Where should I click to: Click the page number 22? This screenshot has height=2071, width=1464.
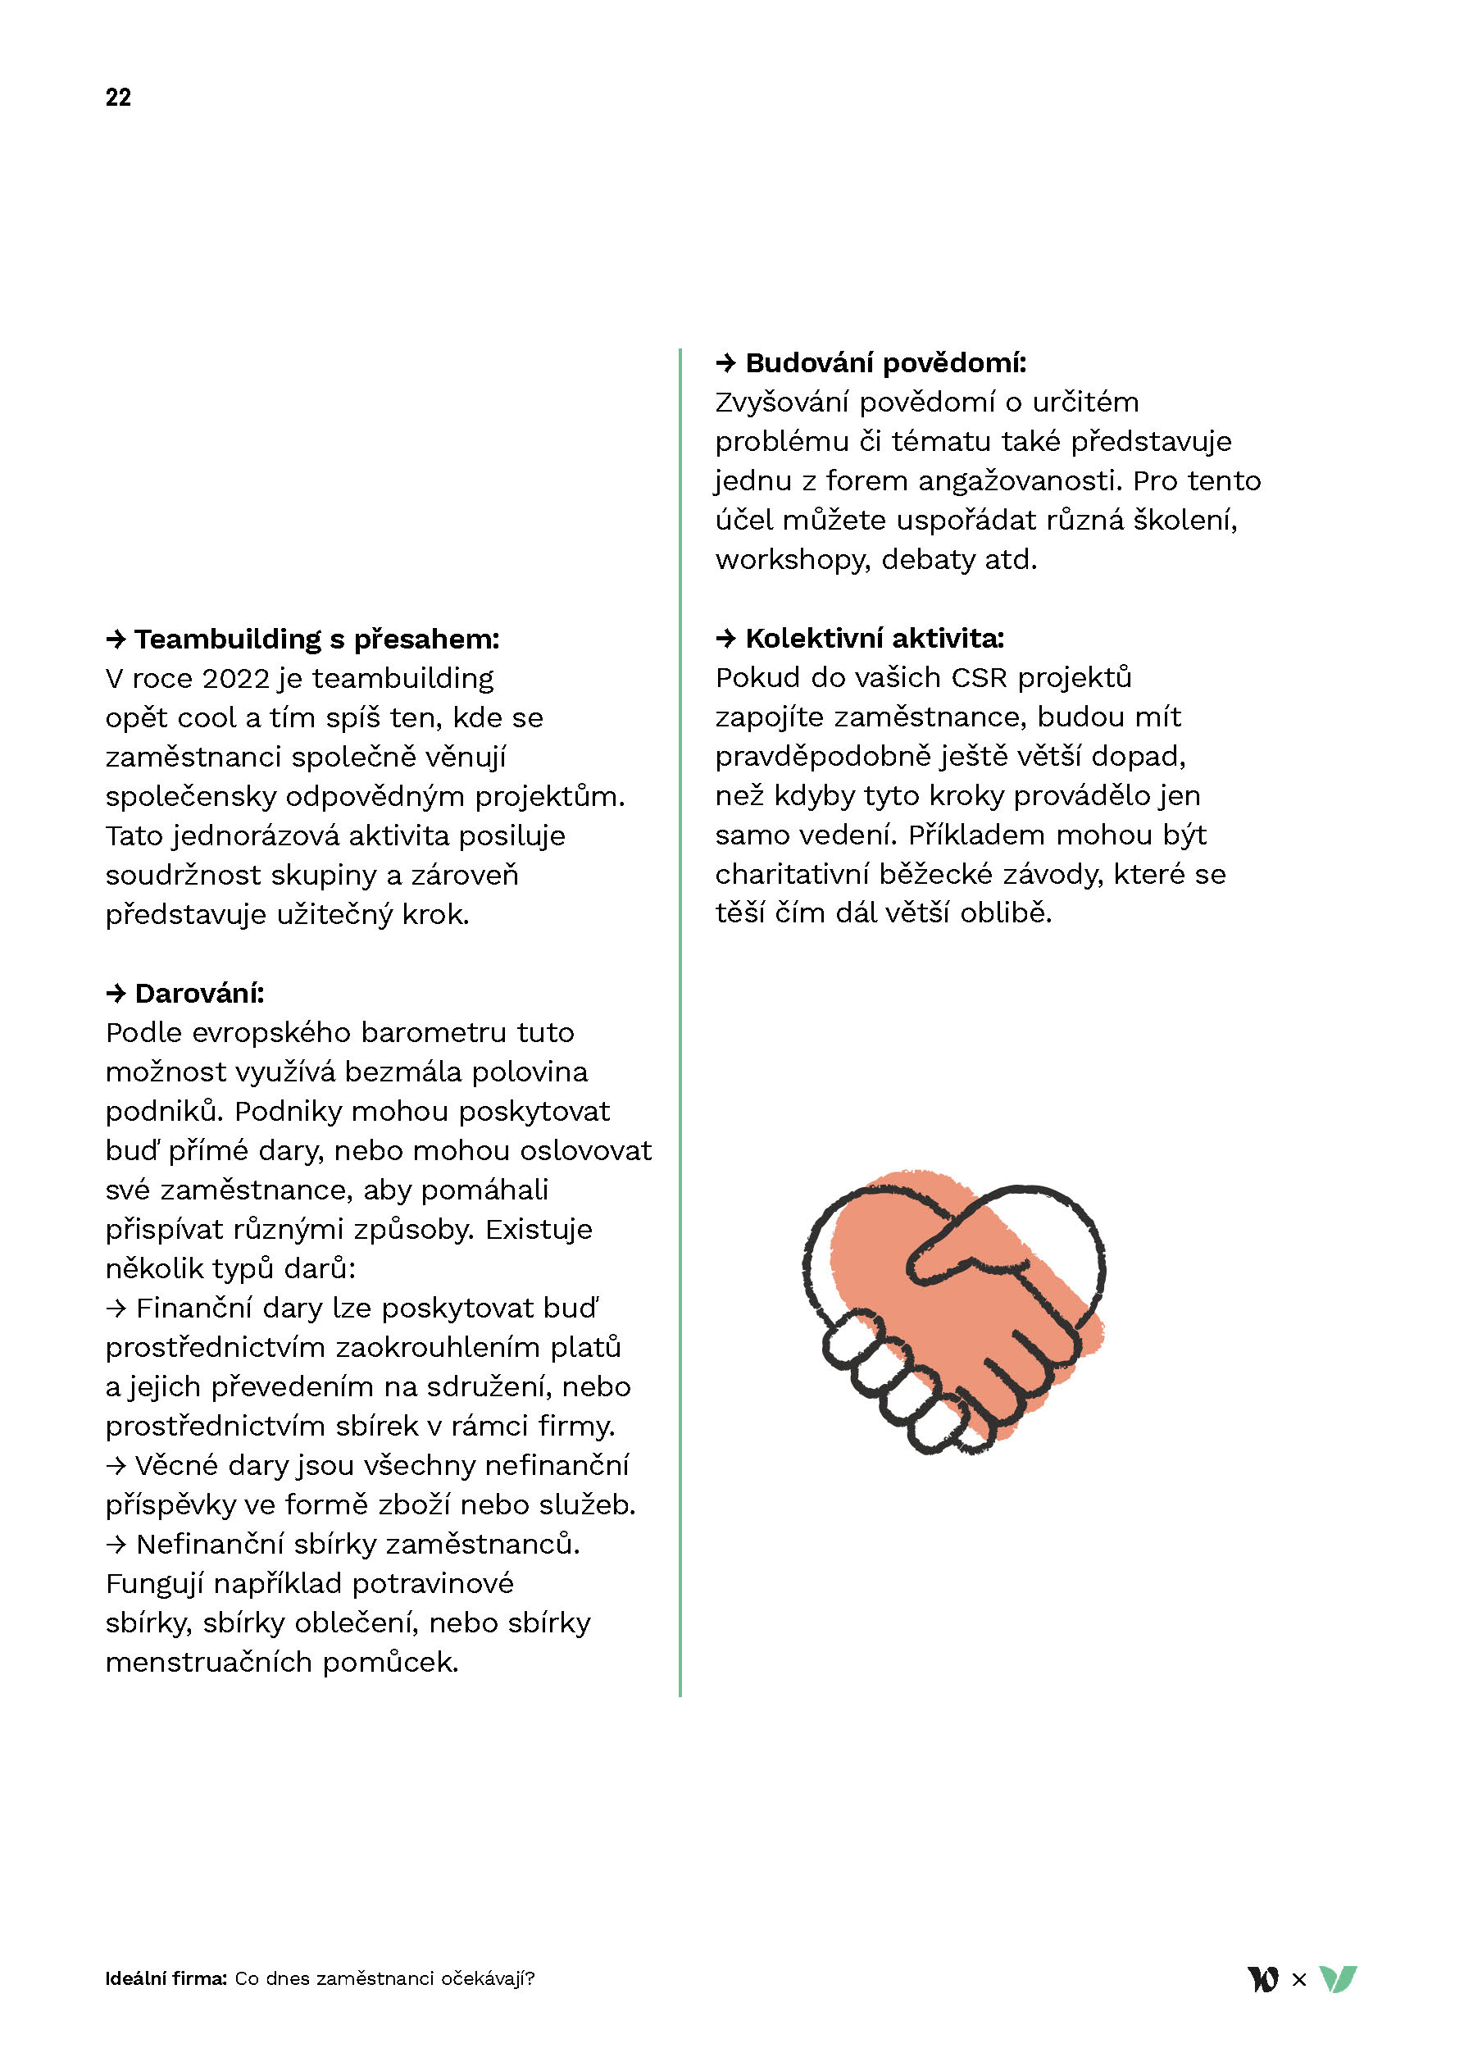point(118,98)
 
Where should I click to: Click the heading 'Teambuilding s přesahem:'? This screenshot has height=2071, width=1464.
point(316,639)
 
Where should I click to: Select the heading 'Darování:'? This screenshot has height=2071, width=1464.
point(198,993)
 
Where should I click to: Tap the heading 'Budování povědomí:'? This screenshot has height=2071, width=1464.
point(885,362)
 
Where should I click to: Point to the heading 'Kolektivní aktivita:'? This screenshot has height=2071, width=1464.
point(874,638)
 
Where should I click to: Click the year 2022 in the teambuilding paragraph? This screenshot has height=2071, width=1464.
point(235,678)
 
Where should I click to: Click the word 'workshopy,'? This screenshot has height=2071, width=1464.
point(793,559)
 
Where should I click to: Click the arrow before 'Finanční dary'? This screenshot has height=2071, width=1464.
point(116,1308)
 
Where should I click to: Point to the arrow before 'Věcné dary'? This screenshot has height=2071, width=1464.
point(116,1466)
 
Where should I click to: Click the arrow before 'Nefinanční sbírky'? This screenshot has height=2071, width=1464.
point(116,1544)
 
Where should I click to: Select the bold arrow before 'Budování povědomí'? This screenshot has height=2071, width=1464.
point(726,362)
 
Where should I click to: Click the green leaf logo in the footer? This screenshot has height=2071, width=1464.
point(1338,1979)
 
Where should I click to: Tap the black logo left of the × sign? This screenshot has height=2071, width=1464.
point(1264,1979)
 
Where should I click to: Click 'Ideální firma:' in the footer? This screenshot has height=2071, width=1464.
point(166,1979)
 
